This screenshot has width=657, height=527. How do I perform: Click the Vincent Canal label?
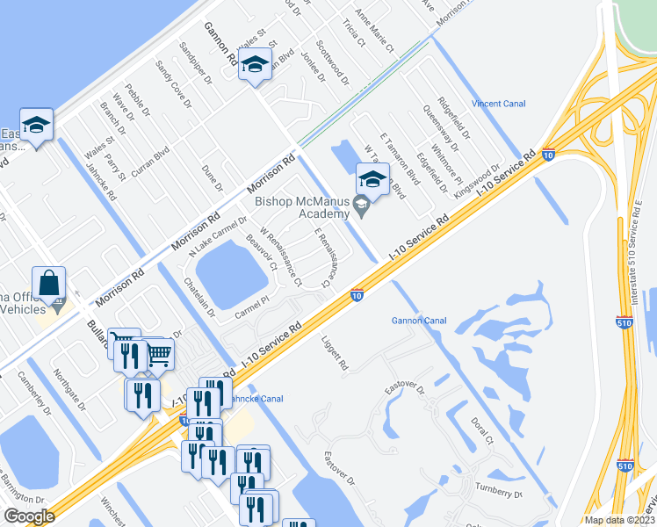[x=498, y=104]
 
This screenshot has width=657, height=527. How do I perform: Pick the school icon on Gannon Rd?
[x=255, y=63]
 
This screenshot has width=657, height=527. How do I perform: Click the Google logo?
[x=30, y=516]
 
